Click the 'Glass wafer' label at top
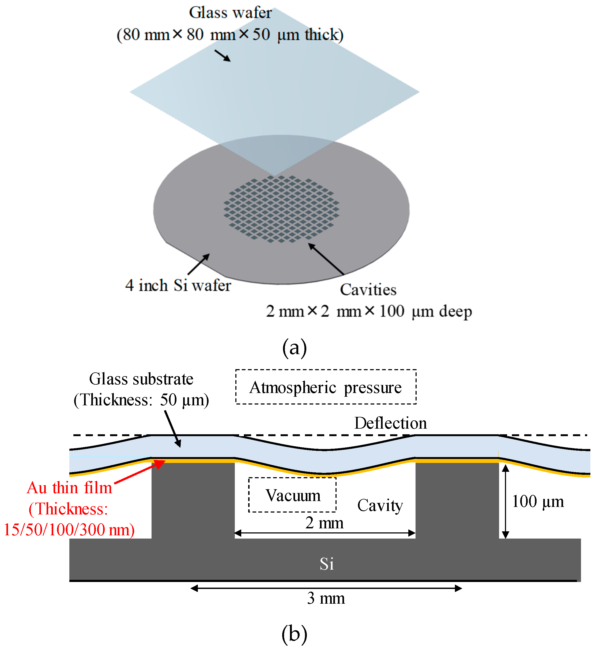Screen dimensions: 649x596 click(230, 13)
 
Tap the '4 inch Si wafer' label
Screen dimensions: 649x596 click(178, 286)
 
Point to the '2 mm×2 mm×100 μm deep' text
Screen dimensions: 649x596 click(369, 311)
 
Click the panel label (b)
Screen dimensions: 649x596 click(295, 634)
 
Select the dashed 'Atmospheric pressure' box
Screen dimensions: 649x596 click(326, 387)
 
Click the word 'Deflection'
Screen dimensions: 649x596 click(391, 423)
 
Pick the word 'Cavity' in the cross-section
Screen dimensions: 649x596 click(380, 505)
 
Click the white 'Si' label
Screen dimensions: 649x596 click(327, 564)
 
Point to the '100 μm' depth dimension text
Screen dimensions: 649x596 click(538, 502)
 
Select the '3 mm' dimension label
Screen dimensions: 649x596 click(326, 598)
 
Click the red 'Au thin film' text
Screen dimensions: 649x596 click(69, 488)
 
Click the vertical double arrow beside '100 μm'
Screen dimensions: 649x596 click(506, 502)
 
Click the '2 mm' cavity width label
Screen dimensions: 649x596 click(325, 523)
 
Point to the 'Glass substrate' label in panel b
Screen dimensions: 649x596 click(141, 379)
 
